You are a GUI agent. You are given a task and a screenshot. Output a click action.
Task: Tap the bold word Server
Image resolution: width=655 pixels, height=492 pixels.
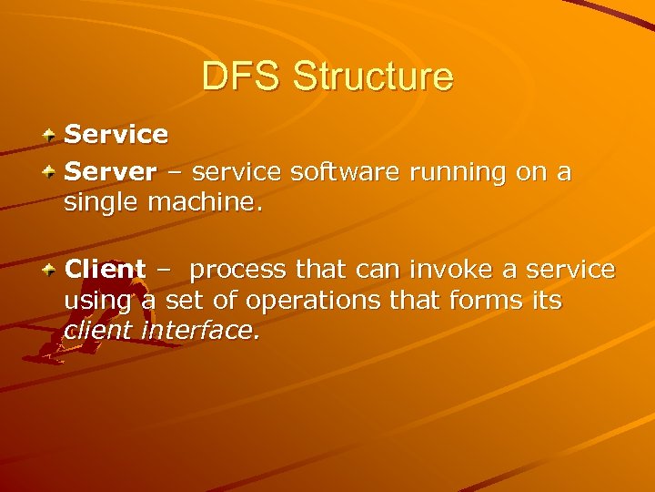[x=110, y=171]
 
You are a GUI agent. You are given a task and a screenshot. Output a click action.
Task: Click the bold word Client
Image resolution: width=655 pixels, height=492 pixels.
[x=105, y=270]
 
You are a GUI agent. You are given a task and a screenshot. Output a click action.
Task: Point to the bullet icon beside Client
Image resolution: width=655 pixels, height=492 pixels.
[x=54, y=270]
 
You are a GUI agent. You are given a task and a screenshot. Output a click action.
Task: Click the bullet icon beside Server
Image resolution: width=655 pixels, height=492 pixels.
[x=54, y=171]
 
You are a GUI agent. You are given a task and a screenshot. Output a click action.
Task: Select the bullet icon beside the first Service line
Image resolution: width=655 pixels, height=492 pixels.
[x=54, y=135]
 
